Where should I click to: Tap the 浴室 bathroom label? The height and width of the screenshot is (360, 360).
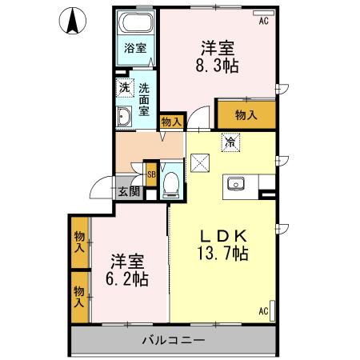(134, 48)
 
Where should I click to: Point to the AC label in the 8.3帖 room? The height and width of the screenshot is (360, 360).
(263, 22)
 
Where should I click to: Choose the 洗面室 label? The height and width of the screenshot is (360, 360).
(144, 100)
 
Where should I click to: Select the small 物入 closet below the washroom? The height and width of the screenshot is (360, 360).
(170, 122)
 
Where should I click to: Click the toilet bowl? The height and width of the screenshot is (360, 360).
(170, 184)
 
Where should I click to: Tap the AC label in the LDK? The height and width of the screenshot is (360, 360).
(263, 311)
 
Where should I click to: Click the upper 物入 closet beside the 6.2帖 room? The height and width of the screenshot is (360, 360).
(79, 243)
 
